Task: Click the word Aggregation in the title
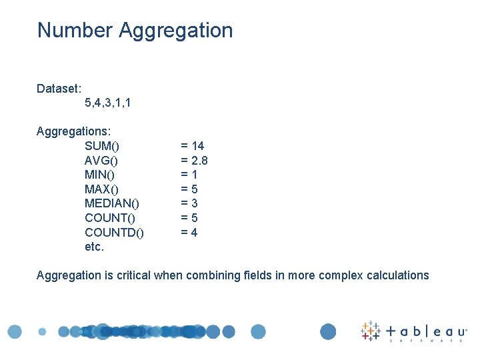[x=175, y=31]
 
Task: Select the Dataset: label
[x=59, y=88]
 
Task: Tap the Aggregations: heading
[x=73, y=131]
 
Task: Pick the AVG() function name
[x=101, y=161]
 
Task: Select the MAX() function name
[x=102, y=189]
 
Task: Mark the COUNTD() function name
[x=114, y=233]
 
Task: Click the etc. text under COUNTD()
[x=95, y=247]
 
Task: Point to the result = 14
[x=193, y=146]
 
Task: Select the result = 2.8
[x=195, y=161]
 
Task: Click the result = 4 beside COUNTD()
[x=189, y=233]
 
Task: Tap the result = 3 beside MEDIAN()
[x=189, y=203]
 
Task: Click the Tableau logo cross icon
[x=370, y=331]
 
